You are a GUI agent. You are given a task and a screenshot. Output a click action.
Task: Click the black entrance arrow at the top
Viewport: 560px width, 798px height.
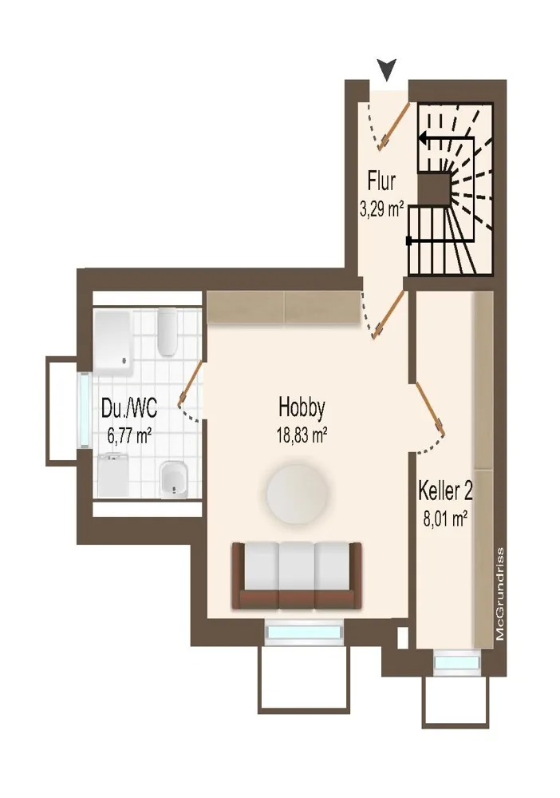tap(387, 69)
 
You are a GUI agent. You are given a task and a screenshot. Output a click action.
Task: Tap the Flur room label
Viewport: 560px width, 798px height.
tap(381, 181)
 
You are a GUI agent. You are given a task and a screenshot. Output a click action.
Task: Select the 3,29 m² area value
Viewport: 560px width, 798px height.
tap(381, 209)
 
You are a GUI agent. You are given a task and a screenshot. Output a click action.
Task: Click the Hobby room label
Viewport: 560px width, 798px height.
tap(302, 407)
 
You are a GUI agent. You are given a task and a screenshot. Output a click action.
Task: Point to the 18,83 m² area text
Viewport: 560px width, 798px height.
tap(302, 435)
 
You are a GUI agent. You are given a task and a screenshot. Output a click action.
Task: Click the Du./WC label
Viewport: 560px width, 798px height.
tap(129, 408)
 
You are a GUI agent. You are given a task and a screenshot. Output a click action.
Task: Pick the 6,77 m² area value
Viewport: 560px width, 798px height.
tap(129, 435)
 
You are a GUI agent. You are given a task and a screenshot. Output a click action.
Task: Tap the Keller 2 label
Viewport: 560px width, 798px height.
tap(446, 491)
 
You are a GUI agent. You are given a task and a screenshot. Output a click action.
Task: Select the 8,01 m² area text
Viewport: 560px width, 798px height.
tap(446, 518)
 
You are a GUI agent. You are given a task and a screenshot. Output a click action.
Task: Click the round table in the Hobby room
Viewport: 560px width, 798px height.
tap(297, 494)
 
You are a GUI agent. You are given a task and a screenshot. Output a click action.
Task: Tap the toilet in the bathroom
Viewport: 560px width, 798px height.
tap(167, 332)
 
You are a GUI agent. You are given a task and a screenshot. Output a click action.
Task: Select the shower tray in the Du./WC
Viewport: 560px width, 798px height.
tap(112, 344)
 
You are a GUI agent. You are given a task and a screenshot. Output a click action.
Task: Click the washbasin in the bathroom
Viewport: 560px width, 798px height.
tap(173, 480)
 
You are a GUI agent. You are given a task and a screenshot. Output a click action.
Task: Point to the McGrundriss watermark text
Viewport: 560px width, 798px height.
tap(500, 594)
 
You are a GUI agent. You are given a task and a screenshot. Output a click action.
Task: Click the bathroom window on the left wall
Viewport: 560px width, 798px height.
tap(85, 411)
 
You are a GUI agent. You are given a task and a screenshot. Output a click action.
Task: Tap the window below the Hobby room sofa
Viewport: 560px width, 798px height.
tap(304, 632)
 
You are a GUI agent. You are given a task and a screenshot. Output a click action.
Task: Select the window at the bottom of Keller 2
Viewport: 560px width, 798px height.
tap(456, 663)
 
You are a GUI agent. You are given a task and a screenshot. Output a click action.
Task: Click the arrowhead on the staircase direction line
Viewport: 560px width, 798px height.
tap(424, 137)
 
